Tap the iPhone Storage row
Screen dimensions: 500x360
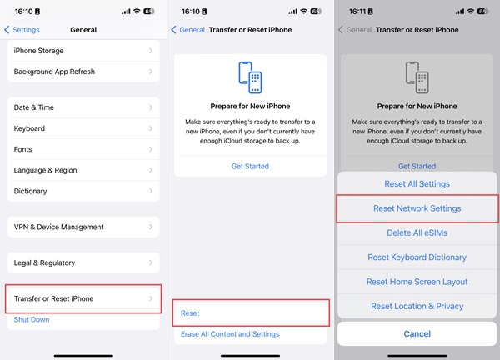point(83,51)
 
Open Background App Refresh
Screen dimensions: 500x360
point(83,72)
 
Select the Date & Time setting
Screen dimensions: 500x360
point(83,107)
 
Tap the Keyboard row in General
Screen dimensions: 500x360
point(83,128)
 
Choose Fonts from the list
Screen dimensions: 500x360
point(83,149)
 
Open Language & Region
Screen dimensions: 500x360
point(83,170)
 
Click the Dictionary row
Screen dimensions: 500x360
point(83,191)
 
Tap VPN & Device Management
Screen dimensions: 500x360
point(83,227)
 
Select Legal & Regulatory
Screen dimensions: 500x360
point(83,262)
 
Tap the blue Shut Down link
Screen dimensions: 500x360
point(32,319)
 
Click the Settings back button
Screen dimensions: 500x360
point(22,30)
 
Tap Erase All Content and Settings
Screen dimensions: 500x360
point(230,334)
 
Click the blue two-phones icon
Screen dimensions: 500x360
point(250,77)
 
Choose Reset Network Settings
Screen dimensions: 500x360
point(417,208)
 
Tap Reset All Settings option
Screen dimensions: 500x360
point(417,184)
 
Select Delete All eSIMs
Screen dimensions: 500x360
point(417,232)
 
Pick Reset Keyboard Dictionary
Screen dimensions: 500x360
point(417,257)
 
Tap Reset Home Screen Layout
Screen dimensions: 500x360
point(417,282)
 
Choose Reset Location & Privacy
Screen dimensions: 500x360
point(417,306)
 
